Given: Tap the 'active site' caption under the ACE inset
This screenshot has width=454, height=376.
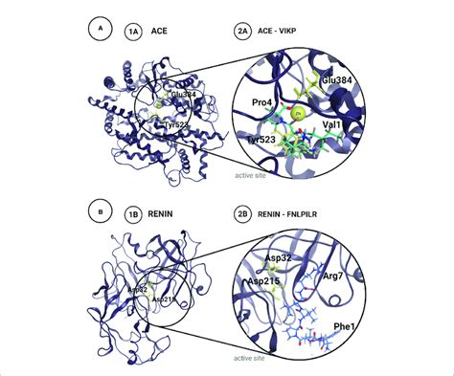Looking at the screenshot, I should pyautogui.click(x=255, y=175).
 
